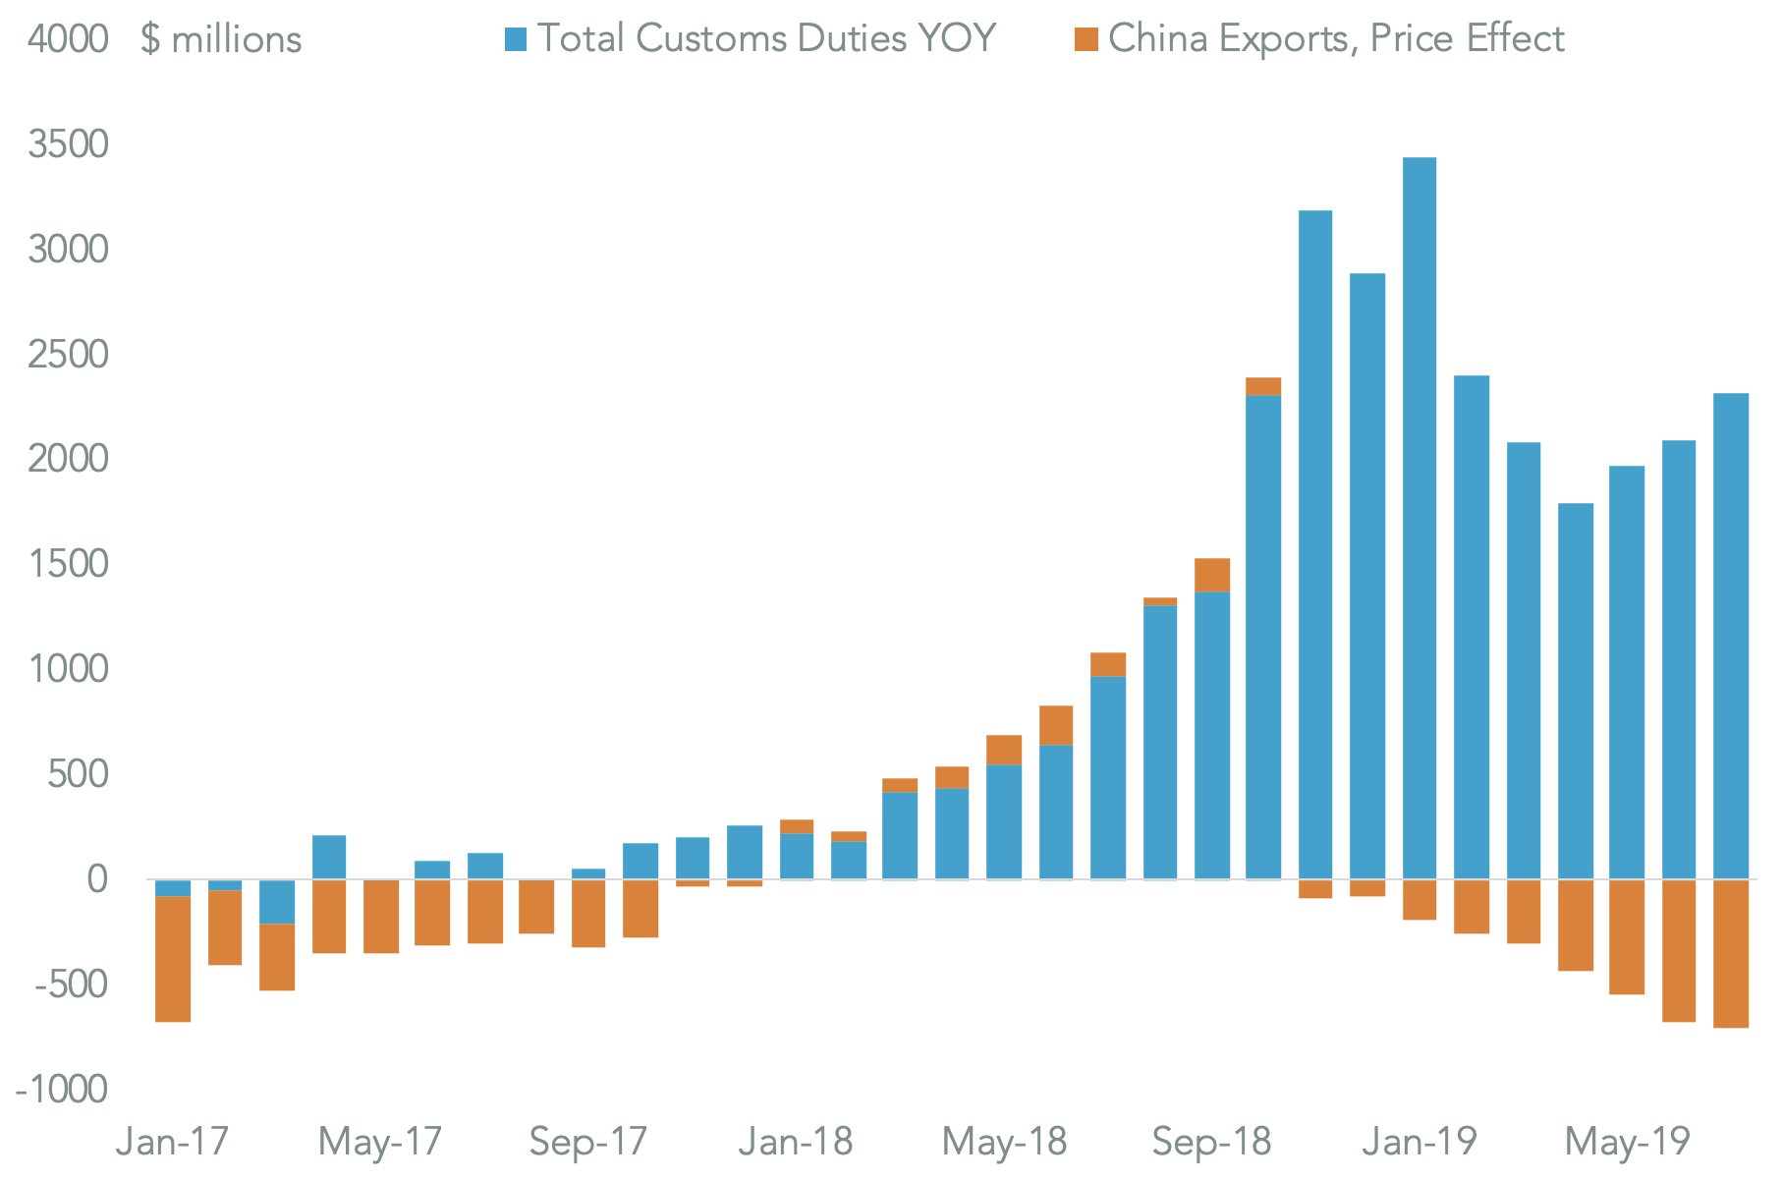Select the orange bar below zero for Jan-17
point(173,959)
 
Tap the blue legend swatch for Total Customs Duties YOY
point(516,39)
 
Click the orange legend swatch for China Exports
point(1086,39)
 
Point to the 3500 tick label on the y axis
point(68,144)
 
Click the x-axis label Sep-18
point(1211,1142)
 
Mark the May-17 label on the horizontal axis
point(380,1142)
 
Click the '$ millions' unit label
point(221,40)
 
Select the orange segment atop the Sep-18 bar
point(1211,576)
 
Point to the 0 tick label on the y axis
point(95,879)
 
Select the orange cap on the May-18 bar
point(1003,750)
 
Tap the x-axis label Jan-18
point(796,1142)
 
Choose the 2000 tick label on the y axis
point(68,459)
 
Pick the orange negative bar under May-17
point(381,916)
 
